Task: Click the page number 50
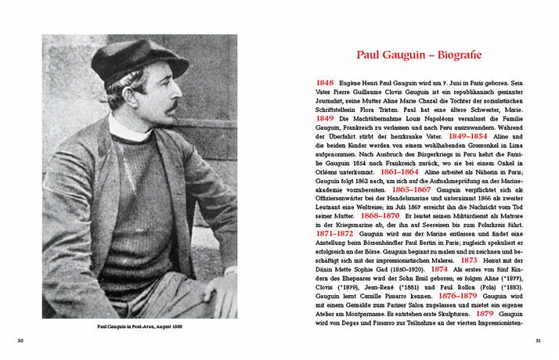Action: point(22,340)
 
